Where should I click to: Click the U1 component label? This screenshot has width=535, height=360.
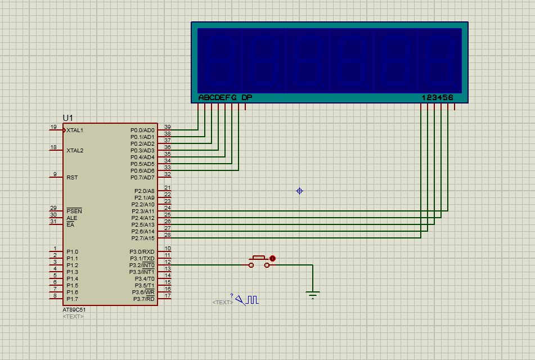pos(68,118)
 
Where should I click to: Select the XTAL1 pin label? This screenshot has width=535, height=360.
pos(75,130)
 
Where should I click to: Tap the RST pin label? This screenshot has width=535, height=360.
pos(72,177)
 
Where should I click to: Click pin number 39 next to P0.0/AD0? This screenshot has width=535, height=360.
pos(168,127)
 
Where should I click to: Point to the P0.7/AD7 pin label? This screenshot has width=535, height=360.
pos(142,177)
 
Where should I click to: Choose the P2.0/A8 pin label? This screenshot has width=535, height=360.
pos(145,191)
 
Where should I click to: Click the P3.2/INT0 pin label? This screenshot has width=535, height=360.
pos(142,265)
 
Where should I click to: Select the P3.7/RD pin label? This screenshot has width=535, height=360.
pos(143,299)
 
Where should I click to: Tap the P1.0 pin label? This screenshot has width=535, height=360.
pos(73,252)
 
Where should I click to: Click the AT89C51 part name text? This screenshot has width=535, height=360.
pos(74,310)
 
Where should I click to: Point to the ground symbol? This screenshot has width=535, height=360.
pos(313,295)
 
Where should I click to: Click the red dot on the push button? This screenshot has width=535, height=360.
pos(272,258)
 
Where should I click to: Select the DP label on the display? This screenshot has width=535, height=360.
pos(247,97)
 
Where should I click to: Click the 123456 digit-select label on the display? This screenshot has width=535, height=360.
pos(438,97)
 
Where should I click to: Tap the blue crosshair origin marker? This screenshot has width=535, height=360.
pos(300,191)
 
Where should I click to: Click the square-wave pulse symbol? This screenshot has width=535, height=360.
pos(253,300)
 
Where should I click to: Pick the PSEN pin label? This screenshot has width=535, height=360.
pos(74,211)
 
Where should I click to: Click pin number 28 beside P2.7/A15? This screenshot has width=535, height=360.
pos(168,235)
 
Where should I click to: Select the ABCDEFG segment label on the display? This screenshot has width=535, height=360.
pos(217,97)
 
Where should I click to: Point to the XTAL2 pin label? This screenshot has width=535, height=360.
pos(75,151)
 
